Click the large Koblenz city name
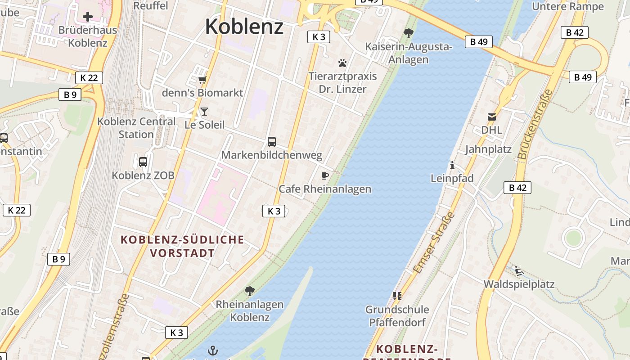244,27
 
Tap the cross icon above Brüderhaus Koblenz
88,17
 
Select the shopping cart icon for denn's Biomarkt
202,80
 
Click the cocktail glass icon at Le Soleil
204,111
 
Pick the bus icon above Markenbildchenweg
272,142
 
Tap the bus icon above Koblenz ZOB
143,162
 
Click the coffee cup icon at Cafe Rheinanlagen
325,175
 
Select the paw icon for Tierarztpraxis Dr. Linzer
342,63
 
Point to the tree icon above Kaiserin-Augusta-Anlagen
409,33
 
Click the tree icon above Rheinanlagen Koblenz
250,291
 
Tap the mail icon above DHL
491,117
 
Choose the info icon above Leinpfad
452,165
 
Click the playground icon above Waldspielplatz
519,271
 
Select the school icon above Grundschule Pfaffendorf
397,296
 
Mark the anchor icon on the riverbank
213,351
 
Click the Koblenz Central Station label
136,128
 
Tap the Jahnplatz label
488,149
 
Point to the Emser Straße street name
434,243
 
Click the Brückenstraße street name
535,124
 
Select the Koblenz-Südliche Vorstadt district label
182,246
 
